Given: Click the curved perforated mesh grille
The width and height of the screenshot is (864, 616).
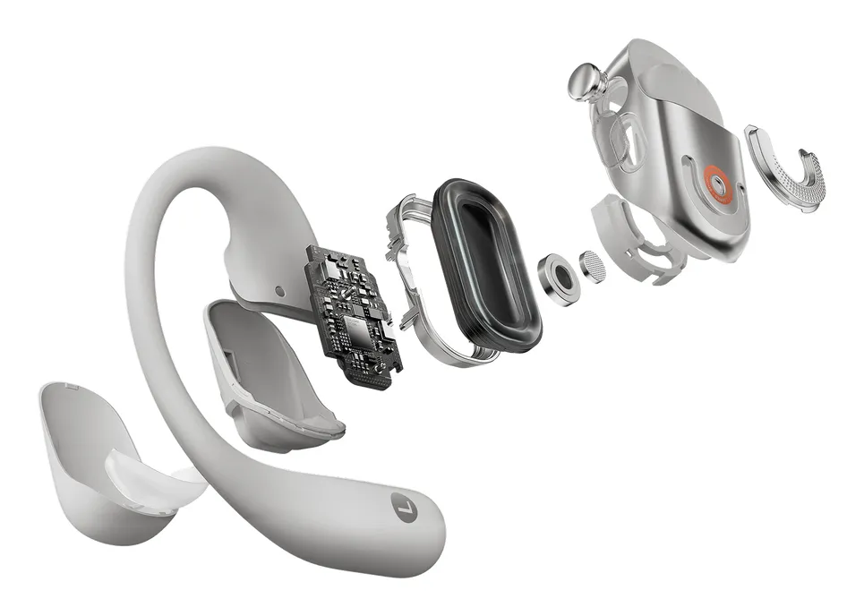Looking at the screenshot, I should (x=788, y=169).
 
